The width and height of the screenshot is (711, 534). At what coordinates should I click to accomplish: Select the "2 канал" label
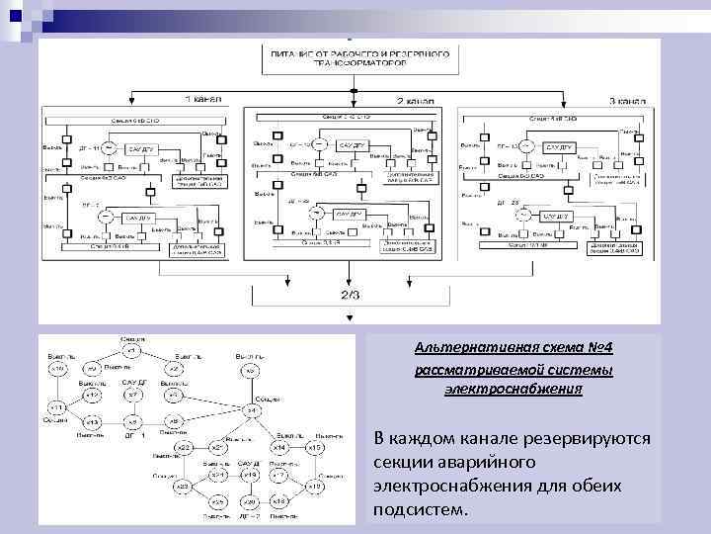[416, 101]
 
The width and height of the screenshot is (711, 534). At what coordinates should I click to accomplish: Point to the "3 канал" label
[626, 101]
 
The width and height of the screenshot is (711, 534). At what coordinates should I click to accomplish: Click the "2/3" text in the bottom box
[351, 294]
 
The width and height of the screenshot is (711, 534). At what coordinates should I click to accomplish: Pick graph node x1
[131, 350]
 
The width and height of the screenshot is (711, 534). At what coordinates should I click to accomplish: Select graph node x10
[59, 369]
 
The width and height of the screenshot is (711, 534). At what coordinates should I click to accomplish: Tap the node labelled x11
[57, 407]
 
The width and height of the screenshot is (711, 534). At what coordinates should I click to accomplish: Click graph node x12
[92, 395]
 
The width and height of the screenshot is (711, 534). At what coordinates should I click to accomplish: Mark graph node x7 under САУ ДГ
[132, 396]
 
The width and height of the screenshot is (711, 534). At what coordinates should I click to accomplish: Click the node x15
[315, 448]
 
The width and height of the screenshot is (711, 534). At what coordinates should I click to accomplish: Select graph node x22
[183, 448]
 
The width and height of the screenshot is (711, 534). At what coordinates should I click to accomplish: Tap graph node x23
[183, 487]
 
